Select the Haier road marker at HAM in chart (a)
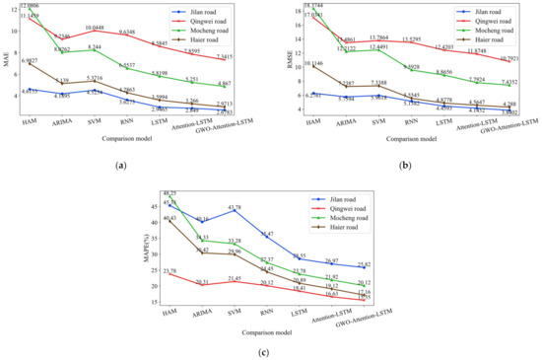tap(31, 63)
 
